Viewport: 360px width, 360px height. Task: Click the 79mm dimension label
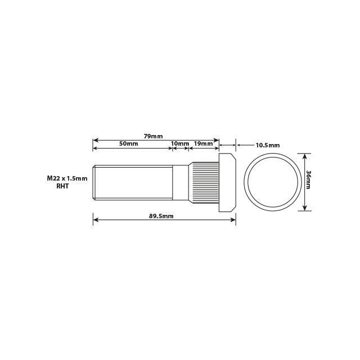point(153,137)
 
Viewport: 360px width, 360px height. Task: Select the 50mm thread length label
point(128,144)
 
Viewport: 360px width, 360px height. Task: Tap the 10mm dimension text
point(180,144)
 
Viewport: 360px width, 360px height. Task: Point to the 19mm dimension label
point(203,144)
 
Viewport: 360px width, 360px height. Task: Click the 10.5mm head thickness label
point(267,145)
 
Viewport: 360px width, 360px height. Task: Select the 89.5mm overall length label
point(161,216)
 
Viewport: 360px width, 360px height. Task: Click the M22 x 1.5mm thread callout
point(67,178)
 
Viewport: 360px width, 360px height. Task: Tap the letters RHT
point(62,186)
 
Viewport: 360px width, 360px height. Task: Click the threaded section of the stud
point(132,182)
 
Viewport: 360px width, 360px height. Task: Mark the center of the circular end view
point(273,182)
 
